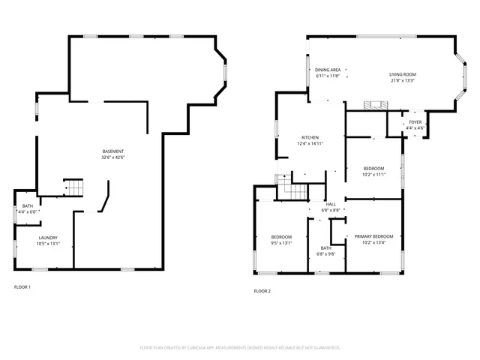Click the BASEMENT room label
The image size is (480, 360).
[113, 151]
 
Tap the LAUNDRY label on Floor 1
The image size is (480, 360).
[48, 238]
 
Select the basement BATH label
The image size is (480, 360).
[28, 206]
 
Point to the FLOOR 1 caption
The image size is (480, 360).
[22, 287]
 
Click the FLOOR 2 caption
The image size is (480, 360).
[262, 291]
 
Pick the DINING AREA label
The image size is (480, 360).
[328, 70]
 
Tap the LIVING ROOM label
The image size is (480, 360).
[402, 74]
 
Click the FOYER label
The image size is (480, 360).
[415, 122]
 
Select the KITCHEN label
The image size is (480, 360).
[310, 137]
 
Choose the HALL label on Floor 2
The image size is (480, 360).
[331, 204]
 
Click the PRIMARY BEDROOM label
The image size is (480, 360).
[373, 236]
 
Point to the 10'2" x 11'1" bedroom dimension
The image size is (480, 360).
[373, 175]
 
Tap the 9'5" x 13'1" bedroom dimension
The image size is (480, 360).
[281, 243]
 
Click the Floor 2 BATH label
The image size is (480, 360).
[326, 248]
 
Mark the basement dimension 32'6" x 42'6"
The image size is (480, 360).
[113, 157]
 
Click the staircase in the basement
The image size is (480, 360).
[73, 187]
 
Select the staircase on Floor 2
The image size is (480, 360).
[292, 187]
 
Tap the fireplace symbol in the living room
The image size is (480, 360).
[372, 106]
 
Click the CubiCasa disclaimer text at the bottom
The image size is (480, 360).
[240, 348]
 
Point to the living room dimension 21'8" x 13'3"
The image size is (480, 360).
[402, 80]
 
